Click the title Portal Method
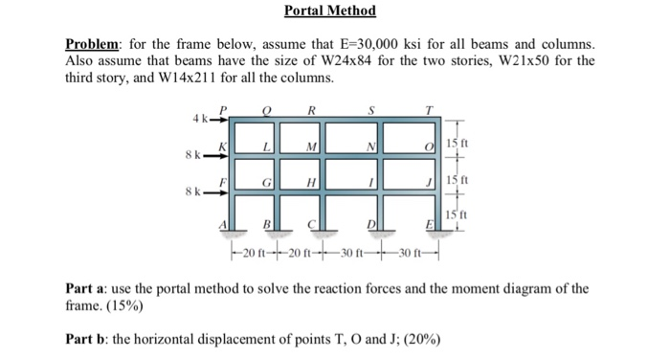pos(330,11)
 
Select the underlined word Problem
pos(94,44)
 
